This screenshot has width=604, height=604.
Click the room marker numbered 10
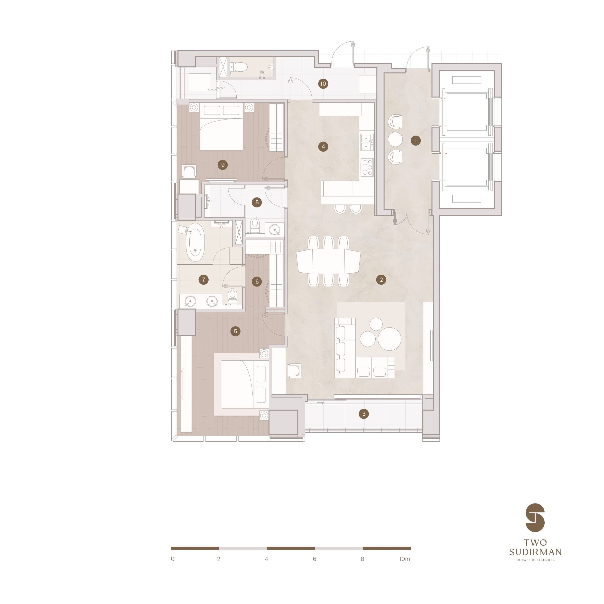(323, 84)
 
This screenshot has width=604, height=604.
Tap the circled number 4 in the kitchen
(323, 146)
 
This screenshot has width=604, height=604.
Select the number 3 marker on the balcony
(363, 414)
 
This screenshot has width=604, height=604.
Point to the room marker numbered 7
(204, 279)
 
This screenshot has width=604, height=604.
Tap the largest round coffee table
(389, 339)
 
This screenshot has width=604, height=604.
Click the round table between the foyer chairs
(395, 139)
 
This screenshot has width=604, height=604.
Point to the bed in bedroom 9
(221, 128)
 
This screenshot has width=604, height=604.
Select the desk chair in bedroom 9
(189, 172)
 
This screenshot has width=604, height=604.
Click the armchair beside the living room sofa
(294, 371)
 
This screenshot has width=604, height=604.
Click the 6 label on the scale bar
(314, 559)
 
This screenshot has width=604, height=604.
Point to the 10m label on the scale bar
(405, 559)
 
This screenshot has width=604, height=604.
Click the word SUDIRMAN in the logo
(535, 552)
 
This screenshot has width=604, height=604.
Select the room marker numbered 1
(416, 141)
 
